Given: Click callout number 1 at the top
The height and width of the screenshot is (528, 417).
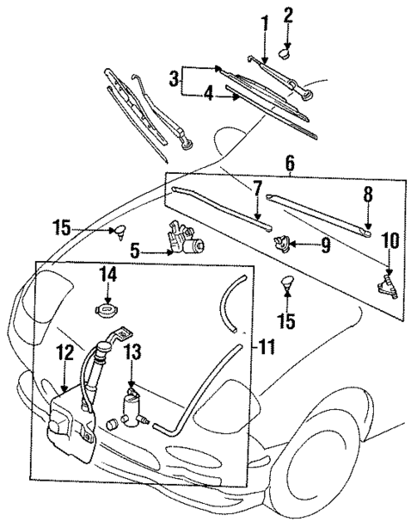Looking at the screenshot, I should click(266, 20).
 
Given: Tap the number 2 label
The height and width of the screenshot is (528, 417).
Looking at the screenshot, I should click(289, 15).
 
